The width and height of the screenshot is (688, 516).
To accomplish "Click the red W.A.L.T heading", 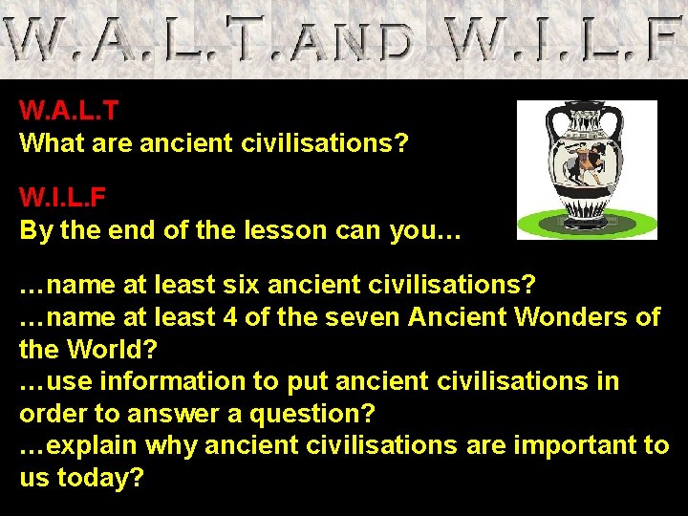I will pos(69,111).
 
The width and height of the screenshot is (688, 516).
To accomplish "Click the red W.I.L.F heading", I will pos(63,198).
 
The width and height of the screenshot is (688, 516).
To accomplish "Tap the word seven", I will pos(358,317).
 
